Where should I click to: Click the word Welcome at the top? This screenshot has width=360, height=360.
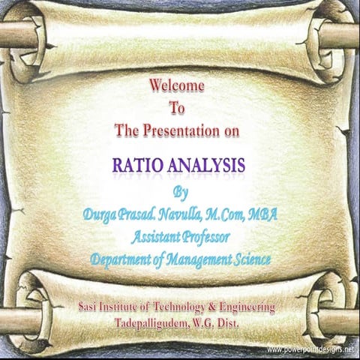pyautogui.click(x=177, y=86)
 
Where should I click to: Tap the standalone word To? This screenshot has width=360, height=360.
pyautogui.click(x=177, y=108)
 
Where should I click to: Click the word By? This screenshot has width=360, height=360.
pyautogui.click(x=181, y=190)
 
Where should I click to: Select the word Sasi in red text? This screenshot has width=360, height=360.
pyautogui.click(x=89, y=307)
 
